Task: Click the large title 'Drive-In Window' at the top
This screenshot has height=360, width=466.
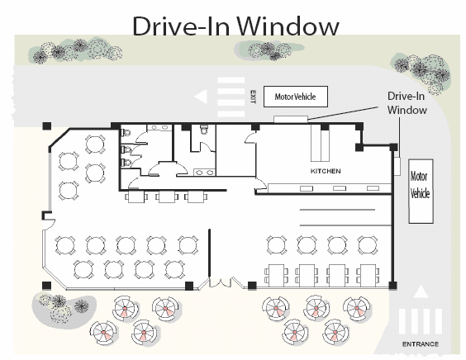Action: pyautogui.click(x=235, y=26)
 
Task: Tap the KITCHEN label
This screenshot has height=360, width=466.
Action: pyautogui.click(x=326, y=171)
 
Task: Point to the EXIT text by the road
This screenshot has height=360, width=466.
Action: pyautogui.click(x=253, y=97)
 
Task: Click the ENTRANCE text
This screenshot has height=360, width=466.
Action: pyautogui.click(x=421, y=344)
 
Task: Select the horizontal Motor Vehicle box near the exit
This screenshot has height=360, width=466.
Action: pyautogui.click(x=296, y=97)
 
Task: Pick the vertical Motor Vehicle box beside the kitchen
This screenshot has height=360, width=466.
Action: pyautogui.click(x=421, y=192)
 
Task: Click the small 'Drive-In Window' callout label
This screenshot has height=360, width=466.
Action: pyautogui.click(x=407, y=102)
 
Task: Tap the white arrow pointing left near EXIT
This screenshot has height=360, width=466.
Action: pyautogui.click(x=201, y=97)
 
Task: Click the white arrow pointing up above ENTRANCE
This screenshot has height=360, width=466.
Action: pyautogui.click(x=421, y=291)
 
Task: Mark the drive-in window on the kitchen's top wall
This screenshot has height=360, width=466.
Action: pyautogui.click(x=290, y=119)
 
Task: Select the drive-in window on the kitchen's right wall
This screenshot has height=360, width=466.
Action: pyautogui.click(x=397, y=166)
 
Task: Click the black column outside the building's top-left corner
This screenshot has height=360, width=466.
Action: pyautogui.click(x=47, y=126)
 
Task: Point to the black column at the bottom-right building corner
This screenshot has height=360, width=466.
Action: pyautogui.click(x=392, y=286)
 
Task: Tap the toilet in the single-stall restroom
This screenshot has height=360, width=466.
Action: pyautogui.click(x=204, y=129)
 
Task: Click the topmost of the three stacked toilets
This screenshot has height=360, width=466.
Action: pyautogui.click(x=126, y=132)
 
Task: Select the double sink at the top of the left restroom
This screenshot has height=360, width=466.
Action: pyautogui.click(x=160, y=127)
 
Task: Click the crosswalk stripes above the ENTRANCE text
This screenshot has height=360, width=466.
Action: pyautogui.click(x=421, y=321)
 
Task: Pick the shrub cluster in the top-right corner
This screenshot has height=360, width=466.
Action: pyautogui.click(x=422, y=73)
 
